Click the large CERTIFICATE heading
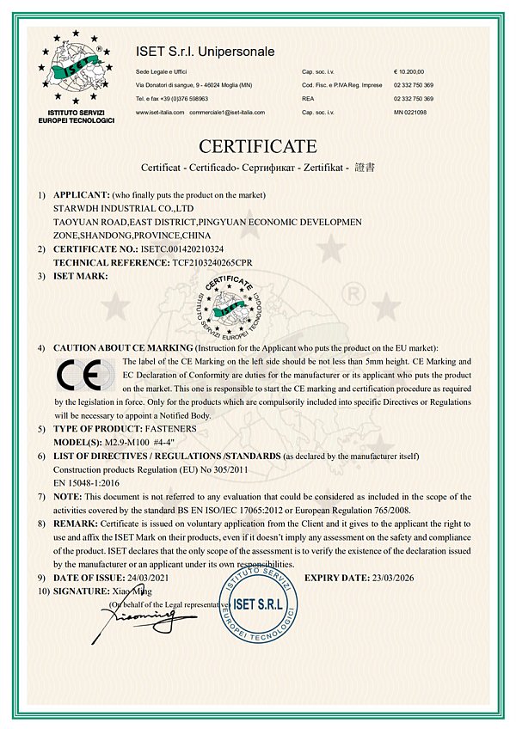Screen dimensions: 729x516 pos(258,145)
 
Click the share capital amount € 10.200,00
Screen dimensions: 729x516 pos(409,72)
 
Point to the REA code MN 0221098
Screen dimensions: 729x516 pos(410,113)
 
